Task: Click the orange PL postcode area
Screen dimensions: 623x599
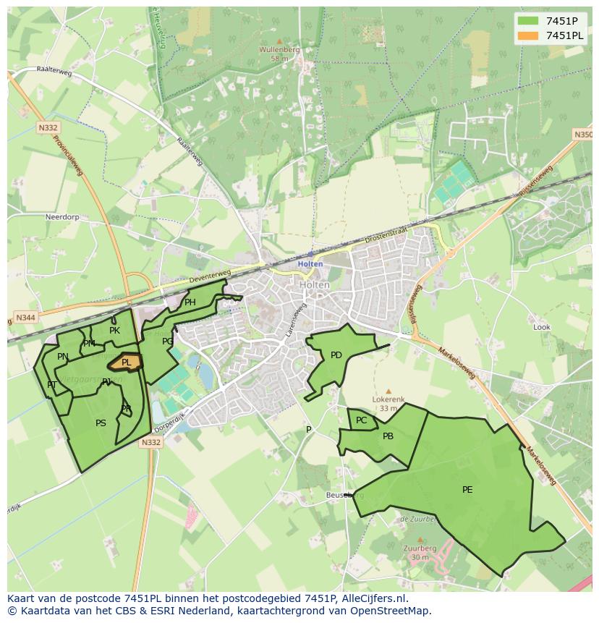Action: pyautogui.click(x=125, y=362)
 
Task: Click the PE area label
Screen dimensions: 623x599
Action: pyautogui.click(x=467, y=490)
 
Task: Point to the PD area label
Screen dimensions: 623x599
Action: pyautogui.click(x=336, y=355)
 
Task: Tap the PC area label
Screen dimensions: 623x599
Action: pyautogui.click(x=362, y=420)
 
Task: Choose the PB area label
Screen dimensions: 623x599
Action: pyautogui.click(x=388, y=436)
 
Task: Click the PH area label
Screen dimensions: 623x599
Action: pyautogui.click(x=190, y=302)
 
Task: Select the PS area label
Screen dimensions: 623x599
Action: pyautogui.click(x=101, y=423)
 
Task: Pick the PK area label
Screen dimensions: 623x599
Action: pyautogui.click(x=114, y=331)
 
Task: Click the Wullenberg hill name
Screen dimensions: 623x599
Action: pyautogui.click(x=279, y=50)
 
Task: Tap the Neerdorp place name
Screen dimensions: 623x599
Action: pyautogui.click(x=61, y=216)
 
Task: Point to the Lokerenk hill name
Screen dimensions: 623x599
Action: pyautogui.click(x=388, y=399)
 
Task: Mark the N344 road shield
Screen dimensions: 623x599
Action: pyautogui.click(x=25, y=318)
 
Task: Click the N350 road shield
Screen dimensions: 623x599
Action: pyautogui.click(x=582, y=135)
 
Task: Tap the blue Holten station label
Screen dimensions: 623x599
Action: pyautogui.click(x=310, y=264)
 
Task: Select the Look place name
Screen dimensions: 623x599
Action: pyautogui.click(x=542, y=327)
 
